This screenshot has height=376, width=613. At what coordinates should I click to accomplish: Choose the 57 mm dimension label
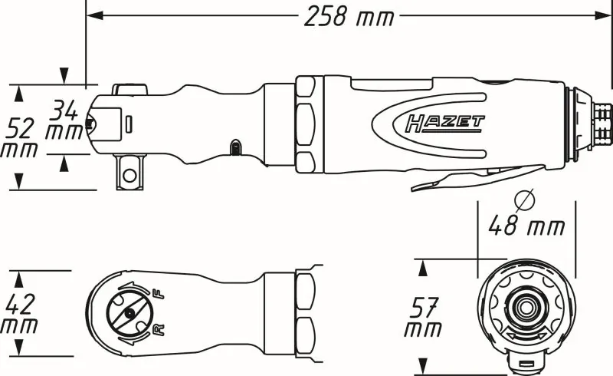tap(424, 318)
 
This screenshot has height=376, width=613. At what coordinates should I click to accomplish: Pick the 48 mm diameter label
tap(527, 226)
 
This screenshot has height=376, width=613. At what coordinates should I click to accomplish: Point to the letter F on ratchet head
tap(159, 294)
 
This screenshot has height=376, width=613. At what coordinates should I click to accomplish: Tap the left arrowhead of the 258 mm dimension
tap(91, 15)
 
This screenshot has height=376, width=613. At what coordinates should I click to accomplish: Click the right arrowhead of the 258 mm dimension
tap(604, 15)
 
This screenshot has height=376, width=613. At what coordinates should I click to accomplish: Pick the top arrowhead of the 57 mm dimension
tap(421, 266)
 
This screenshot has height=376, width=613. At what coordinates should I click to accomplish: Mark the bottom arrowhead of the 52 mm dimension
tap(19, 183)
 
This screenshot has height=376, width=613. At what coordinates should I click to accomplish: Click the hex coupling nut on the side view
tap(305, 124)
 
